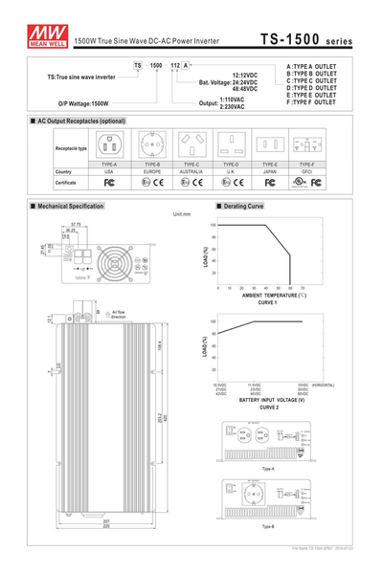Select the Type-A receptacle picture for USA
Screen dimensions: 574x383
pyautogui.click(x=109, y=145)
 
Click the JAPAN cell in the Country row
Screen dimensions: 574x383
pyautogui.click(x=272, y=171)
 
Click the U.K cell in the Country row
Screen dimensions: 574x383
pyautogui.click(x=232, y=171)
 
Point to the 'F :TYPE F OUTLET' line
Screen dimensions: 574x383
pyautogui.click(x=310, y=101)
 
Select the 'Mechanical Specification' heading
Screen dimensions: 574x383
pyautogui.click(x=70, y=206)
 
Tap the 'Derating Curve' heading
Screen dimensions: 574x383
pyautogui.click(x=242, y=206)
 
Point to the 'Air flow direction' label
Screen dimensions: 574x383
pyautogui.click(x=124, y=313)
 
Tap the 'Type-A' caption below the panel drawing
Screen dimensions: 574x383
pyautogui.click(x=267, y=469)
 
